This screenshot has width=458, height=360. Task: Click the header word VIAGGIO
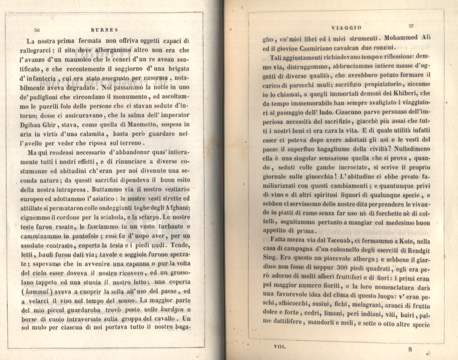click(x=347, y=28)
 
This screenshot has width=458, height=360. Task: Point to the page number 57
click(x=411, y=26)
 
